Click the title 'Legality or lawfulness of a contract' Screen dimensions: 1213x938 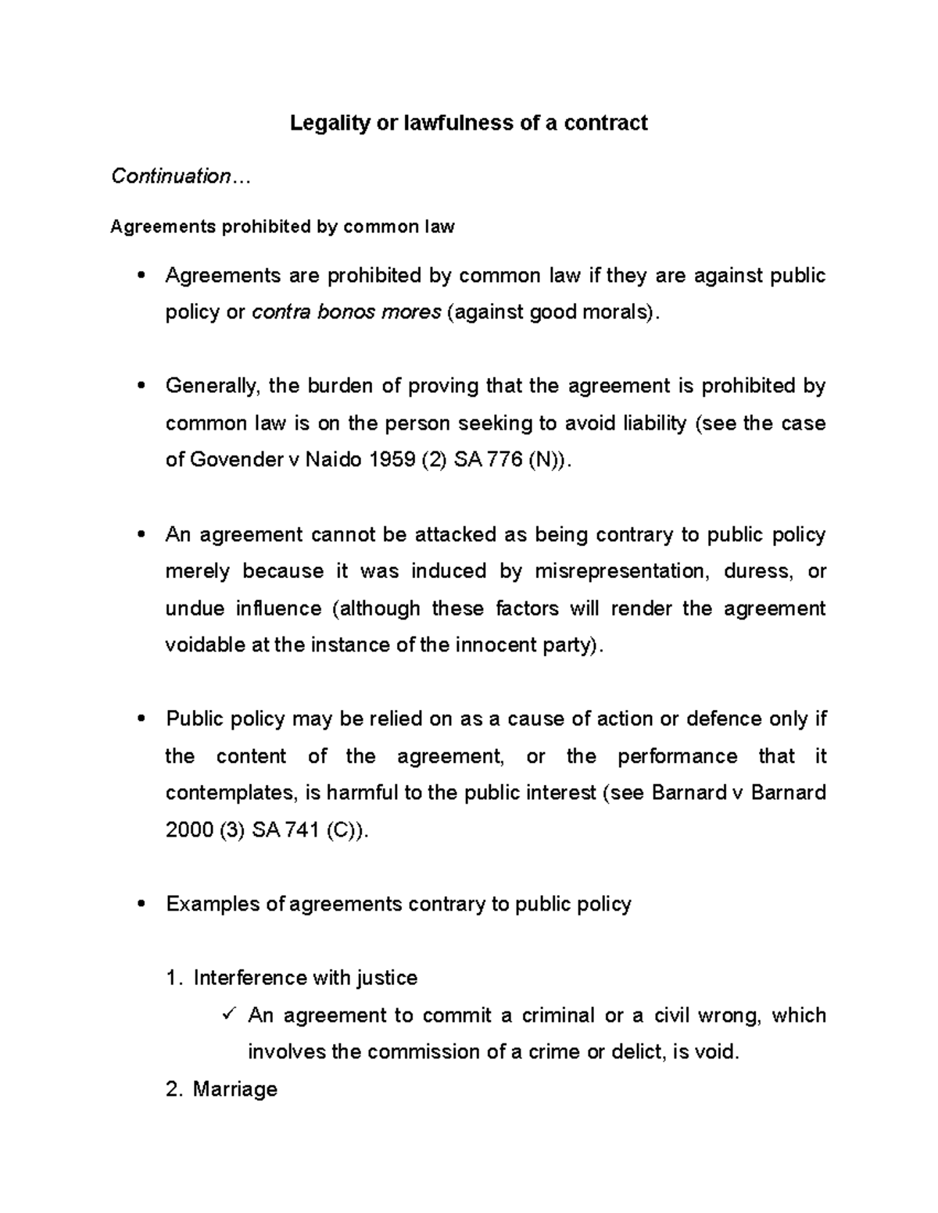468,123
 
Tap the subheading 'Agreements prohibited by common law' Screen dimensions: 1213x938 282,227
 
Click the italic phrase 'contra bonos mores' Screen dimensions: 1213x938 345,312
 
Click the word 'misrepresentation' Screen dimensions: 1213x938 622,572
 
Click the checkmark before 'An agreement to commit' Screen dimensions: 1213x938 229,1015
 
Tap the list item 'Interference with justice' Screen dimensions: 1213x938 305,978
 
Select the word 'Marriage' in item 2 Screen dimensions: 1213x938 234,1089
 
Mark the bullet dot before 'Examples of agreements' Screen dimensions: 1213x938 141,904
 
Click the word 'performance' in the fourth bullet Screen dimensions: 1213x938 677,756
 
